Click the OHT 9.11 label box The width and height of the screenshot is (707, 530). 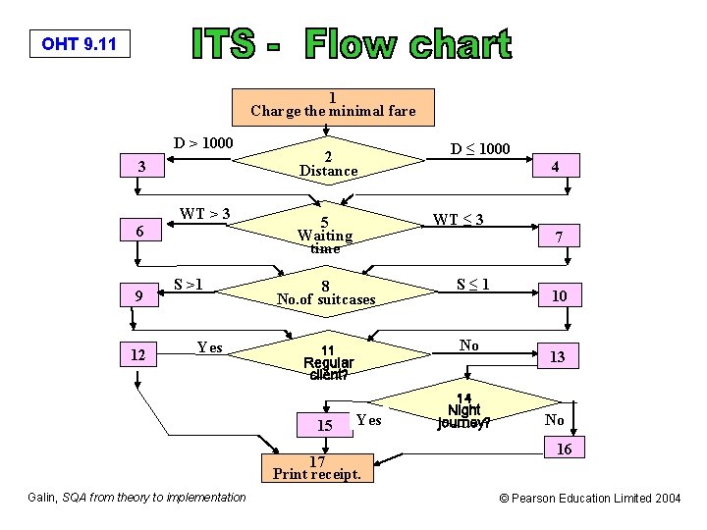(x=80, y=44)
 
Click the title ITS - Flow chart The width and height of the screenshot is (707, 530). (x=351, y=45)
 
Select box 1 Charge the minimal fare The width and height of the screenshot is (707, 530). (x=332, y=105)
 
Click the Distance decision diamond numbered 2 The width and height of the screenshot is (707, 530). (x=328, y=164)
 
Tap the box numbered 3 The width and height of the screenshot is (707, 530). (x=142, y=167)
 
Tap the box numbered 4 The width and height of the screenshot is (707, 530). (x=556, y=167)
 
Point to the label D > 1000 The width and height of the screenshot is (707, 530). (x=203, y=144)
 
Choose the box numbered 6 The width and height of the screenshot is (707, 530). (x=141, y=232)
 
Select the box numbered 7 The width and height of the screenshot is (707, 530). (x=557, y=237)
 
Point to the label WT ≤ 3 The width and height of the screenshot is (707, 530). (x=460, y=219)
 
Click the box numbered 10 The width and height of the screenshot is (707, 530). (x=557, y=294)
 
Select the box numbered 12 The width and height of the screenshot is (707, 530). (x=141, y=355)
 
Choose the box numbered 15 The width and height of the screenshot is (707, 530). (x=325, y=425)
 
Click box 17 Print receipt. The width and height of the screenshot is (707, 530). (x=317, y=469)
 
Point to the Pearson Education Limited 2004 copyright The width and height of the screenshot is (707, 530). (x=590, y=499)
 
